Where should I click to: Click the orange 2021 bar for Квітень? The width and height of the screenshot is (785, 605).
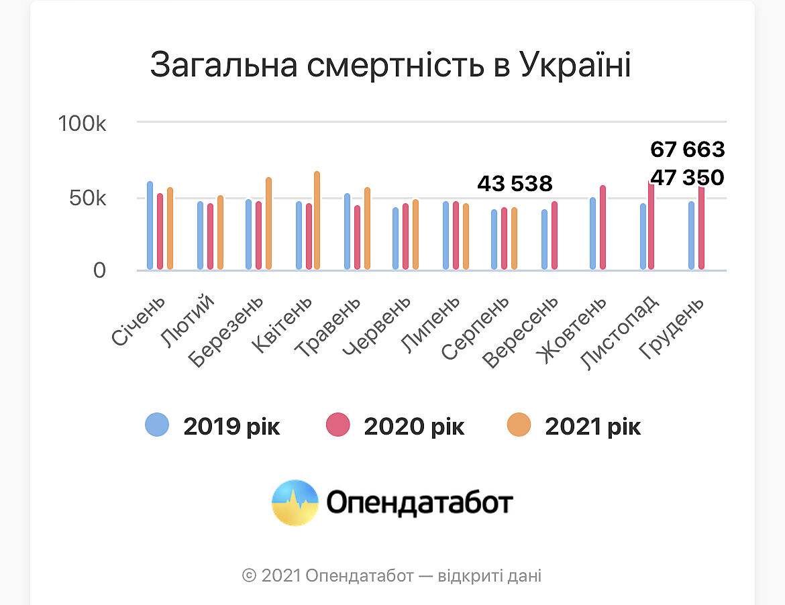coord(317,221)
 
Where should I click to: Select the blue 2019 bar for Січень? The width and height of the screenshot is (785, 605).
coord(150,226)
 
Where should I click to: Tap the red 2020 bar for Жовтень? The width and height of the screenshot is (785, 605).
coord(603,228)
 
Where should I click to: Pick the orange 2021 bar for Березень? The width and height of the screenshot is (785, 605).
coord(268,224)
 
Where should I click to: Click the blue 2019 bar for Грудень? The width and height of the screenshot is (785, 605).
coord(692,235)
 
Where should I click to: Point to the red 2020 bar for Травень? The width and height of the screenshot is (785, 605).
coord(358,237)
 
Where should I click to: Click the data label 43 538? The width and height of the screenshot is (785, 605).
coord(515,183)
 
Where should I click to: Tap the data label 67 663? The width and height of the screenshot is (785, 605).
coord(688,149)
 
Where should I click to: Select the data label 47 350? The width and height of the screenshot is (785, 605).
coord(688,178)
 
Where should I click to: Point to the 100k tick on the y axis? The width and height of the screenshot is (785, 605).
coord(83,124)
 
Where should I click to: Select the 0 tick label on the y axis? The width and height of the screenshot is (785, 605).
coord(99,270)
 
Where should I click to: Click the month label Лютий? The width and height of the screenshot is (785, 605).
coord(189,321)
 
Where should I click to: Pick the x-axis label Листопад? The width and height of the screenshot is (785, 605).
coord(621,331)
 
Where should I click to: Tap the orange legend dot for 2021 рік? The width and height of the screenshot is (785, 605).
coord(519,425)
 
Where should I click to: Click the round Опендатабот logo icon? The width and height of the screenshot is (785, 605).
coord(295,502)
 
